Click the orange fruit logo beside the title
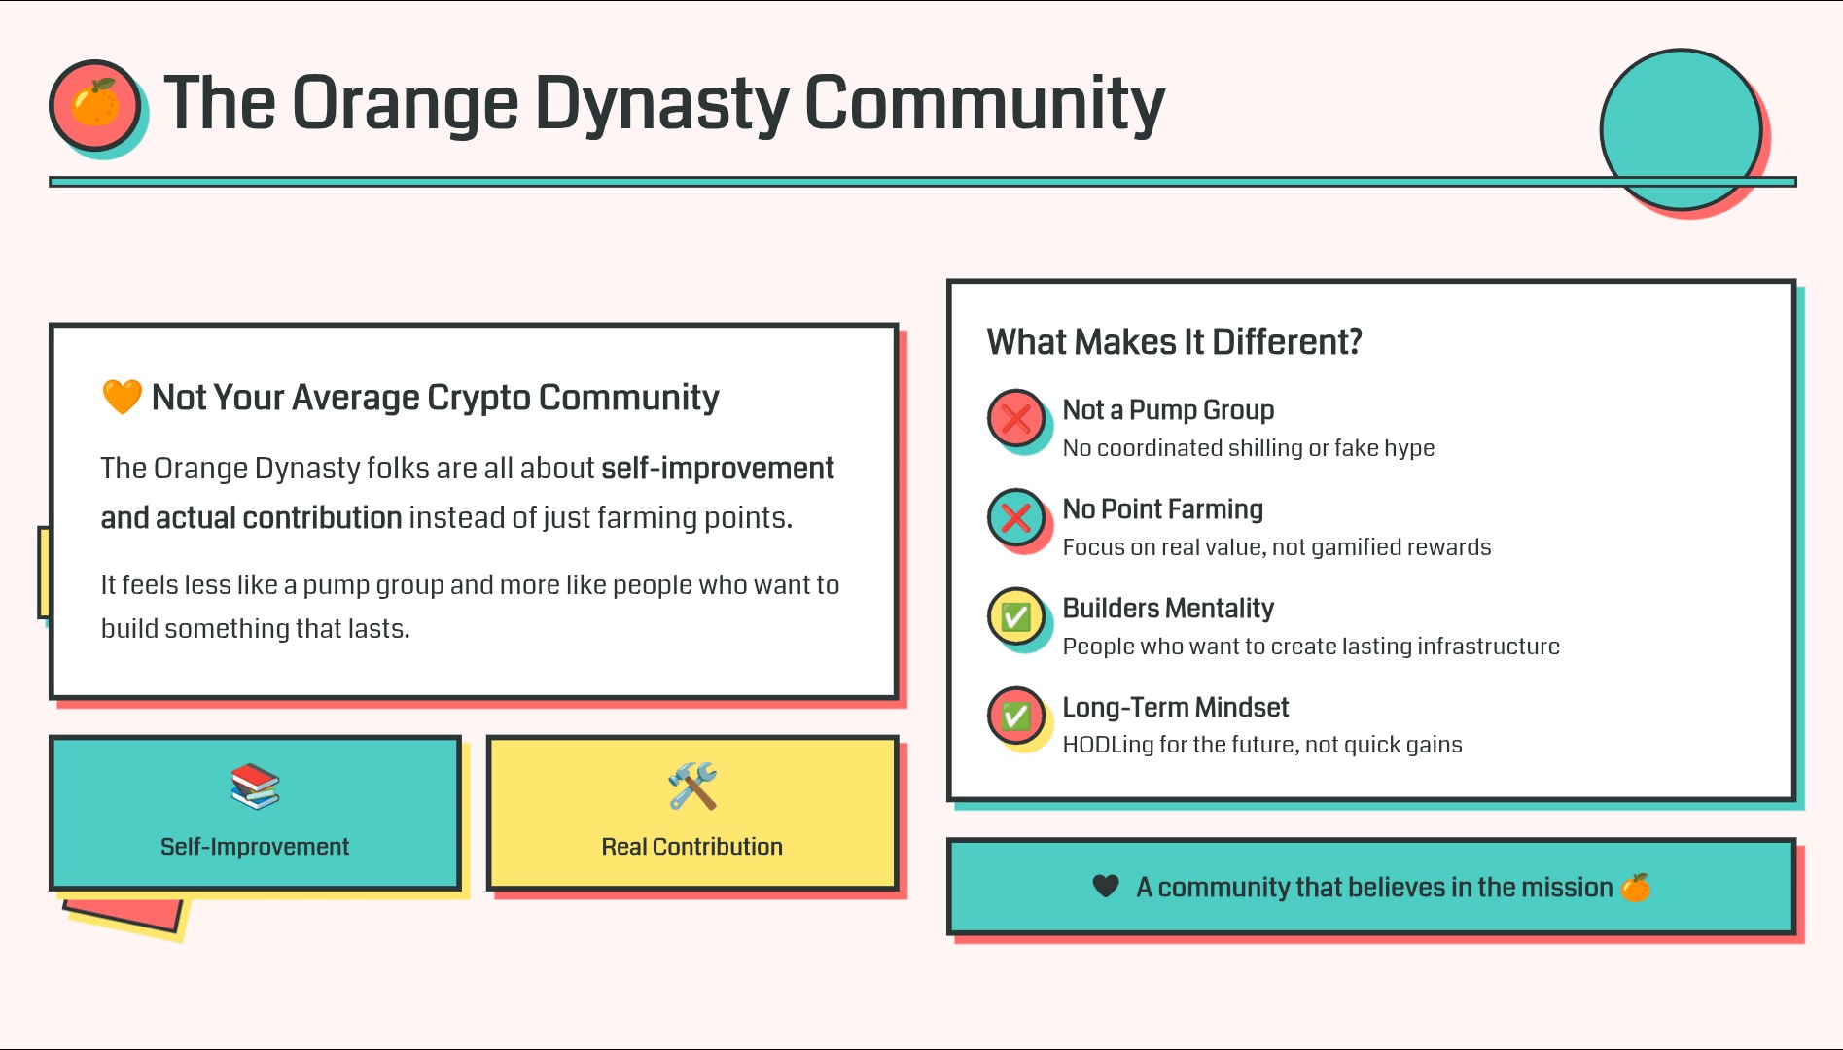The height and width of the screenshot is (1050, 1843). coord(95,104)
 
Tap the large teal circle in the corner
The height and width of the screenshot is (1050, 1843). coord(1681,128)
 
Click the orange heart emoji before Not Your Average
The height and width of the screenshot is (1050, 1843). coord(123,397)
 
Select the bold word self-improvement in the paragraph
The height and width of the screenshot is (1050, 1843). coord(718,469)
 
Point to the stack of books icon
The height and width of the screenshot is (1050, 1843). coord(255,787)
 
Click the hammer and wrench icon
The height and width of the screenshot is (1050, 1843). coord(692,787)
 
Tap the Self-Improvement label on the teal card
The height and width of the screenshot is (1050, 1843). coord(255,847)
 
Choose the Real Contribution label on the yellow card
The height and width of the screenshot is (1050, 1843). coord(692,847)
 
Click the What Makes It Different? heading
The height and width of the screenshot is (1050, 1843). coord(1175,342)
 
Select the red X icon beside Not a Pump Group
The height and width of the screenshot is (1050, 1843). coord(1016,419)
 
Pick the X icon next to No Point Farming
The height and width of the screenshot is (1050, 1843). coord(1016,518)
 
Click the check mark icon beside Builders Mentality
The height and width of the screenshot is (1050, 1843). coord(1016,617)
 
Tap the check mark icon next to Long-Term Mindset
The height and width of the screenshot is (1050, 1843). coord(1016,717)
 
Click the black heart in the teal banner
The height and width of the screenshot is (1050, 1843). coord(1106,887)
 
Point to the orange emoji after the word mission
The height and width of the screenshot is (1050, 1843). coord(1636,887)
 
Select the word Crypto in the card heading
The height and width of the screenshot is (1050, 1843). coord(479,398)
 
